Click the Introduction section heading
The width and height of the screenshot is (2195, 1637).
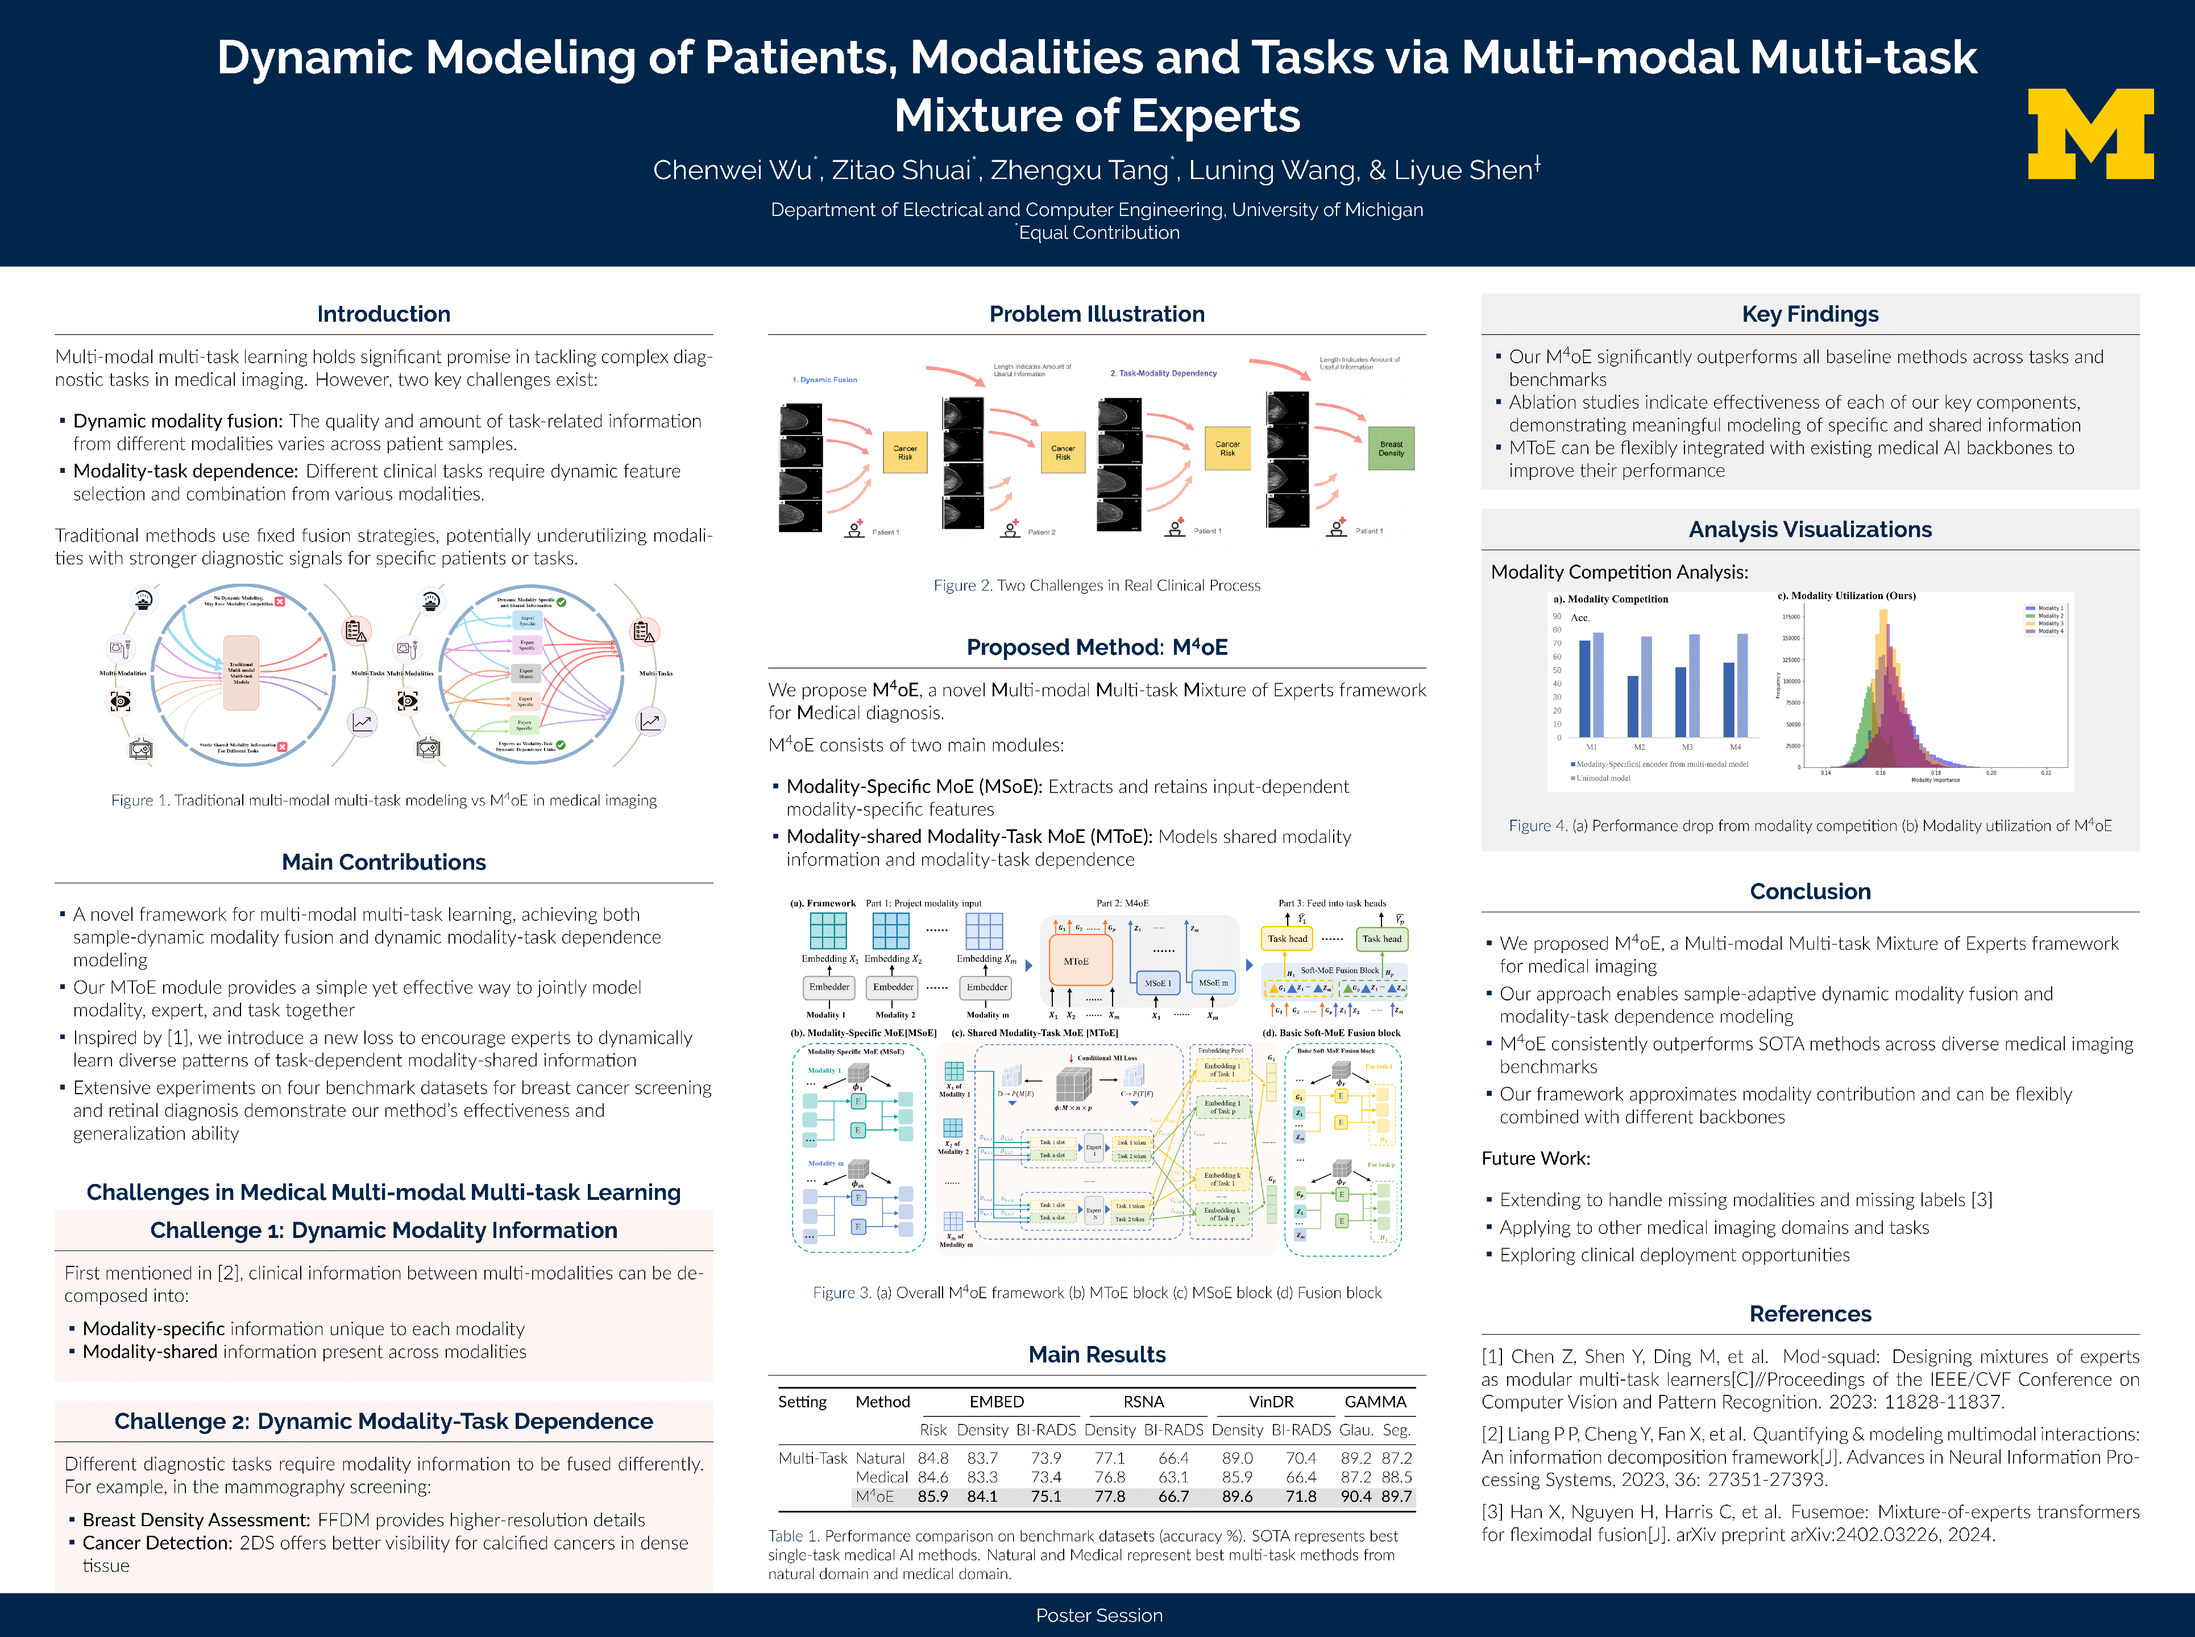[384, 314]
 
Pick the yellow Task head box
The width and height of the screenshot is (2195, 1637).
[1287, 938]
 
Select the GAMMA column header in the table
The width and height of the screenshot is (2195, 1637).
[1375, 1401]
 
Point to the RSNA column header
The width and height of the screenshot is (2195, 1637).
[1144, 1401]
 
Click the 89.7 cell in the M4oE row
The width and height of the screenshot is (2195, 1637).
[1396, 1496]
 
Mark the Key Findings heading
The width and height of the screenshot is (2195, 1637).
[1810, 314]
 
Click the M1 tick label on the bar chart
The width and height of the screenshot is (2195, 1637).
[1591, 747]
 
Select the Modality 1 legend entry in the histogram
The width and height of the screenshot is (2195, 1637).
[2051, 608]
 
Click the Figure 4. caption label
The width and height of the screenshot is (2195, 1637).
[1538, 825]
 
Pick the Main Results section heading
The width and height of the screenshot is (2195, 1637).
[1097, 1355]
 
